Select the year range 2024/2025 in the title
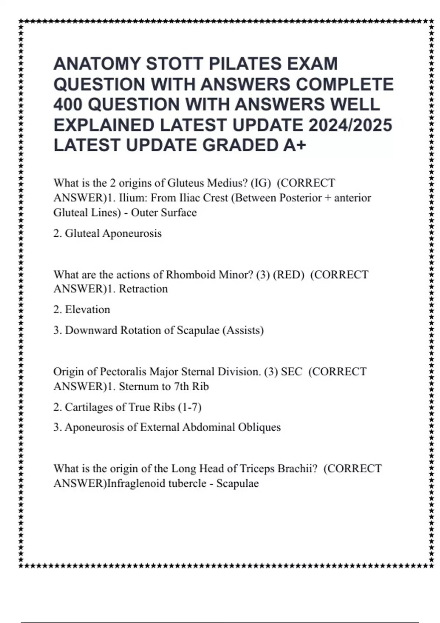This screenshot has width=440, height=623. pos(350,125)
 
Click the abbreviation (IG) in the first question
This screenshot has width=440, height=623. pos(258,183)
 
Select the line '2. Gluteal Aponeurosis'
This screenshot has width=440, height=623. pos(107,233)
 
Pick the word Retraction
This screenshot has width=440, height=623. pos(143,289)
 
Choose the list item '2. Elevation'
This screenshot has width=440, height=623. pos(82,310)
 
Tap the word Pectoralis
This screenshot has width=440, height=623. pos(124,372)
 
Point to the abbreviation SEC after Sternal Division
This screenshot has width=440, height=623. pos(291,372)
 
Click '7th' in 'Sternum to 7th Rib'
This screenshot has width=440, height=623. pos(183,387)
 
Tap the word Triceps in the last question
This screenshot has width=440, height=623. pos(257,469)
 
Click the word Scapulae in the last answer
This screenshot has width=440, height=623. pos(238,484)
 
